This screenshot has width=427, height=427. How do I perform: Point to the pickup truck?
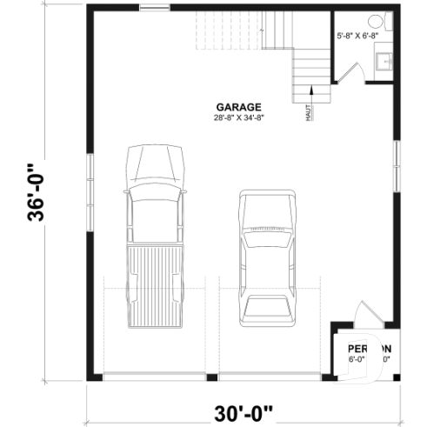[157, 235]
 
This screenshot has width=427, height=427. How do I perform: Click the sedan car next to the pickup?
[267, 257]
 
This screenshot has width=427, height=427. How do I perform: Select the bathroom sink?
[384, 61]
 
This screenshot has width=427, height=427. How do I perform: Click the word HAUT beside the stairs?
[309, 112]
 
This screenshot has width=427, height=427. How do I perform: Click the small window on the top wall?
[154, 10]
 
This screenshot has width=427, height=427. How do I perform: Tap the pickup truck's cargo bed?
[157, 283]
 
